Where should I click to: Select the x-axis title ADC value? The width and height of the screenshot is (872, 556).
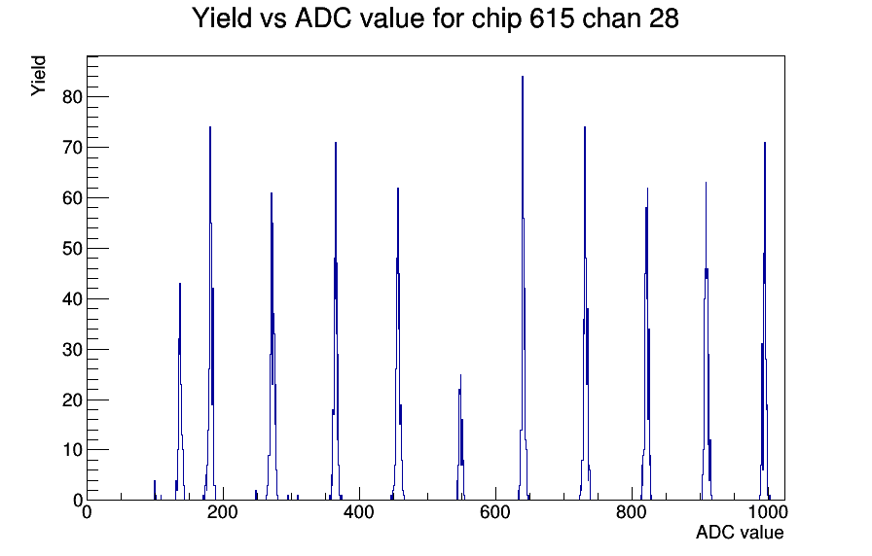coord(739,533)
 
